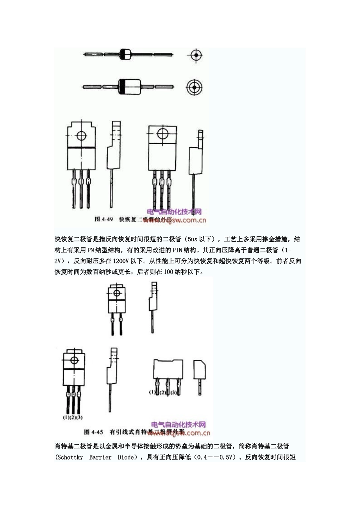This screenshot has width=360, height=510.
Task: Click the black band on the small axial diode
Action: pyautogui.click(x=123, y=55)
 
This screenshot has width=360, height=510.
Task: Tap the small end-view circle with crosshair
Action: pyautogui.click(x=196, y=55)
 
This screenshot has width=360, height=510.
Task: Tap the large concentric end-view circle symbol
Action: pyautogui.click(x=194, y=87)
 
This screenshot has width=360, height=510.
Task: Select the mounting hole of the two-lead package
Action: pyautogui.click(x=116, y=293)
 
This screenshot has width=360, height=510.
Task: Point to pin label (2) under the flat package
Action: pyautogui.click(x=163, y=392)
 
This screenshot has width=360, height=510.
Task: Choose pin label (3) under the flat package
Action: pyautogui.click(x=173, y=392)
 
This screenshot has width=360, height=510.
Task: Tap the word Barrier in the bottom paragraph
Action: pyautogui.click(x=100, y=457)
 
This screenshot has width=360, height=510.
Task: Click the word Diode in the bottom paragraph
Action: pyautogui.click(x=126, y=457)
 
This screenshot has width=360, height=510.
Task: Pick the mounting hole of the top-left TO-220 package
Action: pyautogui.click(x=81, y=135)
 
